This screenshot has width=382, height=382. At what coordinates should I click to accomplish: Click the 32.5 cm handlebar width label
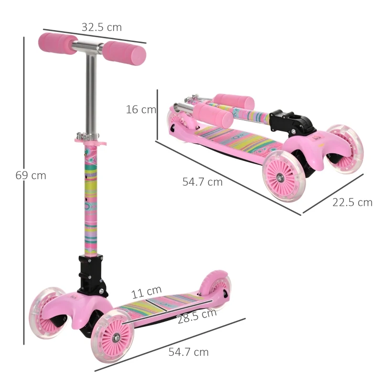[101, 27]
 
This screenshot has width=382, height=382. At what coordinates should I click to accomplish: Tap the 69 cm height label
[31, 175]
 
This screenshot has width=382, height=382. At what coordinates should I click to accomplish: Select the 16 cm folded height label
[141, 109]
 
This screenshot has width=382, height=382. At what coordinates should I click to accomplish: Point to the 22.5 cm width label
[352, 202]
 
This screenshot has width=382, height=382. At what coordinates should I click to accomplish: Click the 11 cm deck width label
[147, 291]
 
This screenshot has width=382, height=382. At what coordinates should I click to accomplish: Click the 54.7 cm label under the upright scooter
[189, 352]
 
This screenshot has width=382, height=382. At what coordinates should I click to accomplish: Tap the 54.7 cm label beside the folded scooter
[202, 182]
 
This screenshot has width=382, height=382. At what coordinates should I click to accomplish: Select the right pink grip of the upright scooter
[125, 52]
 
